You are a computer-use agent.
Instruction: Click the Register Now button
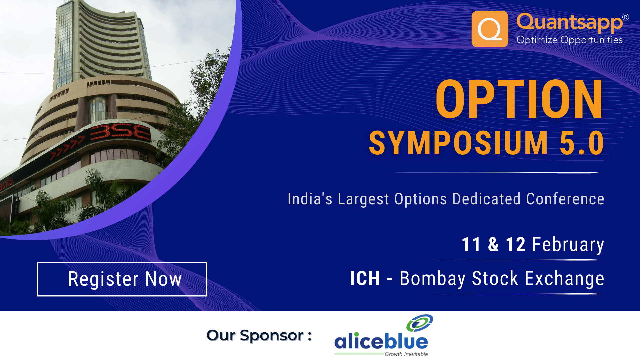122,279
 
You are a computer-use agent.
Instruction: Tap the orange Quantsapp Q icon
490,29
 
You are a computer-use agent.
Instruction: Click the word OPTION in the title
519,99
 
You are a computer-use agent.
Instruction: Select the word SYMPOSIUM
458,143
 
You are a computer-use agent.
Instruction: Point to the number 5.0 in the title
582,143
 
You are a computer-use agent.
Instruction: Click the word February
568,245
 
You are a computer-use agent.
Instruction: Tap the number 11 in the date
471,244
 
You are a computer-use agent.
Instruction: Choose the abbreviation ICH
365,278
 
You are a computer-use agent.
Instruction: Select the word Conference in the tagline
565,199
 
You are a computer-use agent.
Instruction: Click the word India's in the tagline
310,199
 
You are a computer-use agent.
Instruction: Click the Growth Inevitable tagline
406,354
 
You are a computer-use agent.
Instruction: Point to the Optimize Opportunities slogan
569,40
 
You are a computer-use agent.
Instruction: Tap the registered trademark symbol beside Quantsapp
625,17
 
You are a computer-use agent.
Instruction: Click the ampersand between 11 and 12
493,244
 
